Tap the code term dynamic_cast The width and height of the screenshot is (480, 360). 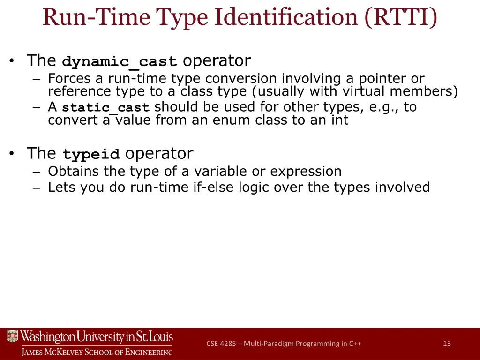120,62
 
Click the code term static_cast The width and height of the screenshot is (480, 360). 105,108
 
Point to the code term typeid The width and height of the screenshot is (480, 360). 91,155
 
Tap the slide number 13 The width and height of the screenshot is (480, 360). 447,344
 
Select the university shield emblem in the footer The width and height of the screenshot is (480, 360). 12,337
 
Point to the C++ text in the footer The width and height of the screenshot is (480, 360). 355,344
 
